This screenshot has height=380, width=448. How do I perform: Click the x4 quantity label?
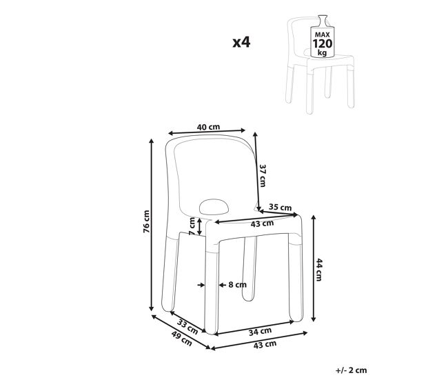(x=241, y=42)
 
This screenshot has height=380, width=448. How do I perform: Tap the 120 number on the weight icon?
(x=323, y=43)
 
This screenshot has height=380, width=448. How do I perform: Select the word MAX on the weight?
(x=323, y=35)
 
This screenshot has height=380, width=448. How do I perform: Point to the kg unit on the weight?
(x=322, y=53)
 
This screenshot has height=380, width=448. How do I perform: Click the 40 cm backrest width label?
(x=208, y=127)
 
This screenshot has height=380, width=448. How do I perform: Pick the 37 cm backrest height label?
(x=263, y=176)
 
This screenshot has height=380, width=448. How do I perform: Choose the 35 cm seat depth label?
(x=280, y=207)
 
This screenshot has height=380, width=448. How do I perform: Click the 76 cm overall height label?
(x=146, y=221)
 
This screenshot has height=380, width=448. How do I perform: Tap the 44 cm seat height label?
(x=319, y=270)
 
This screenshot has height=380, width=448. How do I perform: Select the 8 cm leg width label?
(x=237, y=285)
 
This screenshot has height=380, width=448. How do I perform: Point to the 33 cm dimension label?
(x=187, y=326)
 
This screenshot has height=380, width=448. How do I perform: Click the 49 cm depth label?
(x=181, y=338)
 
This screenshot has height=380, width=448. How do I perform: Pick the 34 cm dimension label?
(x=260, y=332)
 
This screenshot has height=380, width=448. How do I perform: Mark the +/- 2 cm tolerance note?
(x=351, y=370)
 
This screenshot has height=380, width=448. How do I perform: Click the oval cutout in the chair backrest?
(x=214, y=207)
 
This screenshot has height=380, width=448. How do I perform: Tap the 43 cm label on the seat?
(x=262, y=223)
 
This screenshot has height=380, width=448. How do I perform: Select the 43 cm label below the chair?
(x=265, y=345)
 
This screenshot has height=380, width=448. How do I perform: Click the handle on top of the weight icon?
(x=323, y=20)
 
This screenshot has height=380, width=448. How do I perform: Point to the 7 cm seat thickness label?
(x=192, y=226)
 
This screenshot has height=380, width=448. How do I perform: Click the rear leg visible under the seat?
(x=249, y=269)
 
